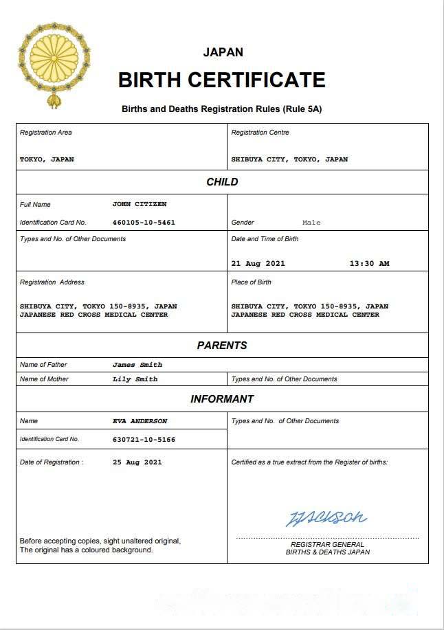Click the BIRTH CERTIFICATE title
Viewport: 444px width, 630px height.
point(221,80)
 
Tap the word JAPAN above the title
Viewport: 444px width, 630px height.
point(223,52)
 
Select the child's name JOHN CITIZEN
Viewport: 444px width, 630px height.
point(139,204)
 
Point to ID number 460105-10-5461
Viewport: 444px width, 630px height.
point(144,223)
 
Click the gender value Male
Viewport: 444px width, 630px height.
point(311,223)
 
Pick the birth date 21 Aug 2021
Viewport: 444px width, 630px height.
point(258,263)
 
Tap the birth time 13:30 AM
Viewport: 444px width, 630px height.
point(369,263)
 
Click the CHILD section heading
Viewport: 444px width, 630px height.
point(222,182)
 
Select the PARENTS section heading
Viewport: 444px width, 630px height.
point(222,346)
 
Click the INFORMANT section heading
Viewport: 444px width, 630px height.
point(222,399)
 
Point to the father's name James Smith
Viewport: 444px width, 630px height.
point(137,365)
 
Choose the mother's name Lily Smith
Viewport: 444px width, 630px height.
point(135,379)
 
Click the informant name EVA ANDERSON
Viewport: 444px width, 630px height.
point(140,421)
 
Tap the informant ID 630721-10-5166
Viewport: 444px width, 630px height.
point(144,439)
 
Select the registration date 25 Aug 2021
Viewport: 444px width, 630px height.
point(137,462)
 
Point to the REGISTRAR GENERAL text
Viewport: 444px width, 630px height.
point(327,544)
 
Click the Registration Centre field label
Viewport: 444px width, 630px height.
point(260,133)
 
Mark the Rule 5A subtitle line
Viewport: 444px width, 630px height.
point(222,109)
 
